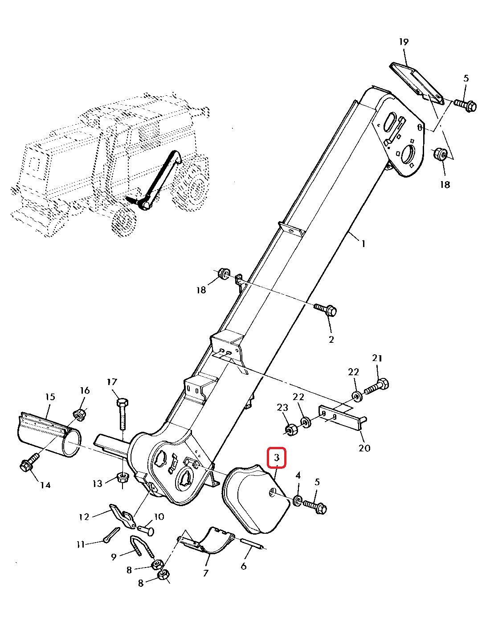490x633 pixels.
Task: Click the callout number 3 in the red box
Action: [277, 458]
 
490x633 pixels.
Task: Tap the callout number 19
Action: [404, 42]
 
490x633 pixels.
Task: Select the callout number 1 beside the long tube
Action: [363, 243]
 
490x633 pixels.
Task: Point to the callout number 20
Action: [364, 448]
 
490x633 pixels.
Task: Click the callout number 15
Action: [50, 397]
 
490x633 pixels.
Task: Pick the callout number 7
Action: [205, 573]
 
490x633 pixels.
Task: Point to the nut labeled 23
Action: [291, 429]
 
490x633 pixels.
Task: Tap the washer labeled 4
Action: [298, 501]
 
